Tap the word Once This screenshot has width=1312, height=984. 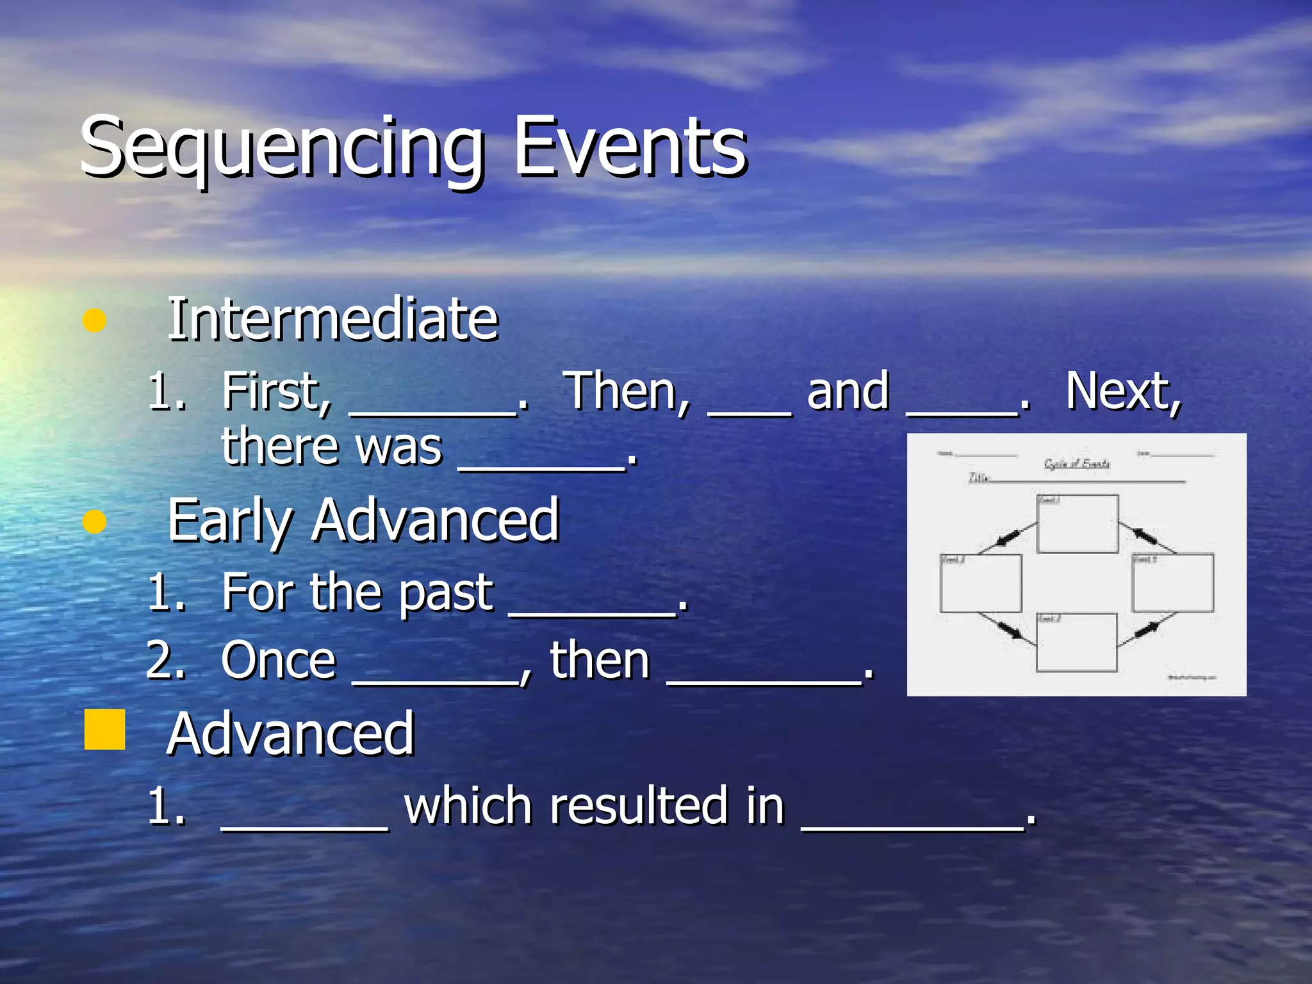279,660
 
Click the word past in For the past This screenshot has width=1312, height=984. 447,592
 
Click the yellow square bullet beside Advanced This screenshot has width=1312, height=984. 104,729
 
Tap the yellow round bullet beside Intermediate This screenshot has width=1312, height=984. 94,320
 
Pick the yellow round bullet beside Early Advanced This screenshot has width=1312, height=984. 94,521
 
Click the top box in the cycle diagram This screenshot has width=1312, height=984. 1078,524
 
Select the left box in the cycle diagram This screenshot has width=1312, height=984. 980,583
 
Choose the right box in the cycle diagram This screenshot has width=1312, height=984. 1172,583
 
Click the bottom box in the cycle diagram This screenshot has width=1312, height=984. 1076,643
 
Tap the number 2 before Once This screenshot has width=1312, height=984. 165,660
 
